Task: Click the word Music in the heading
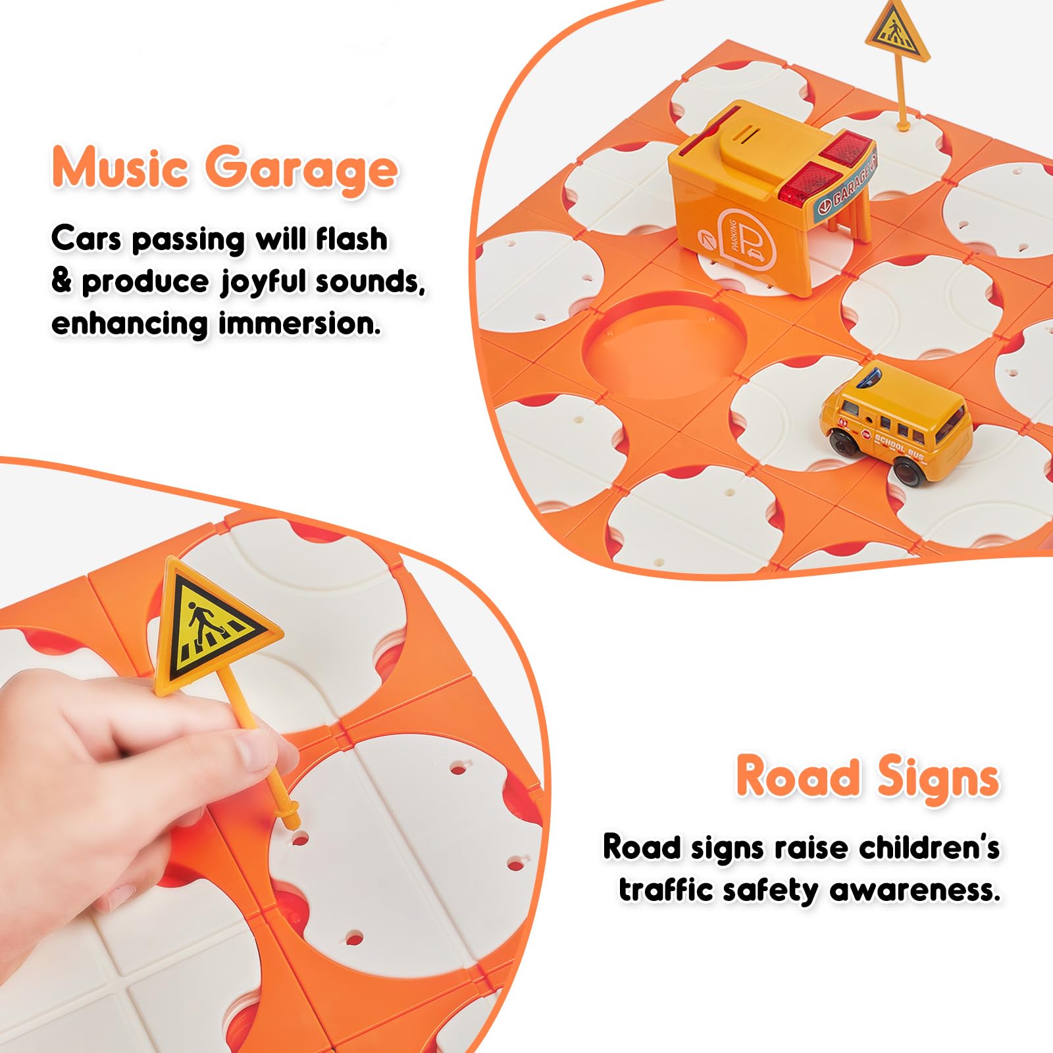(x=120, y=169)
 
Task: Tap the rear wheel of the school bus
(x=907, y=469)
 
